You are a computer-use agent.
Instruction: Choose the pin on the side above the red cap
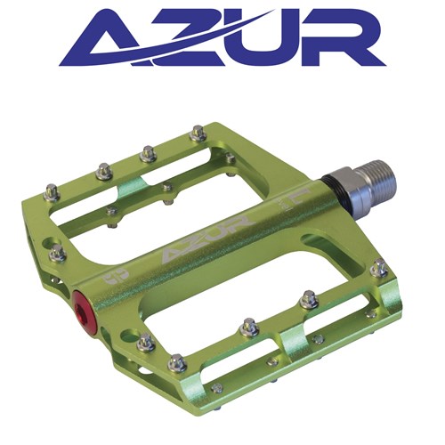coord(57,255)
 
